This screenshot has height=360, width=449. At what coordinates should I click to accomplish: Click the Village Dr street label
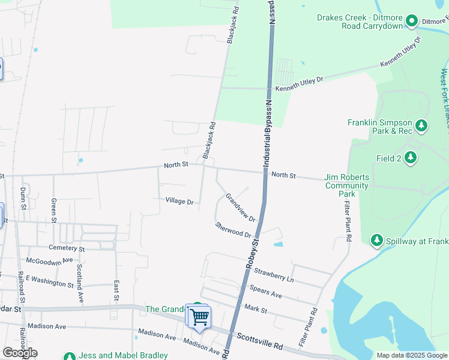point(179,202)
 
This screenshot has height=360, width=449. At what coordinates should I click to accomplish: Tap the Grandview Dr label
point(240,207)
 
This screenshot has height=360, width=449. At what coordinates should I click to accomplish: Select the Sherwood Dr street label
point(233,229)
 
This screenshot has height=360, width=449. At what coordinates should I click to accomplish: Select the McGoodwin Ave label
point(49,260)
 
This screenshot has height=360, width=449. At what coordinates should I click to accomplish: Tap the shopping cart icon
point(200,316)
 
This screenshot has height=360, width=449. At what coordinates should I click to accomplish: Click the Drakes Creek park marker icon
point(412,22)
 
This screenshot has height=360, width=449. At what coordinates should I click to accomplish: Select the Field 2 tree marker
point(411,158)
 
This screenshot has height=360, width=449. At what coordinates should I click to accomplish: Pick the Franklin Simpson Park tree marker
point(422,125)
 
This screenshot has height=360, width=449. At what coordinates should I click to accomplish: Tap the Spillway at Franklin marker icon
point(377,241)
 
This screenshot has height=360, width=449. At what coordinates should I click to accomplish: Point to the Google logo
point(20,353)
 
